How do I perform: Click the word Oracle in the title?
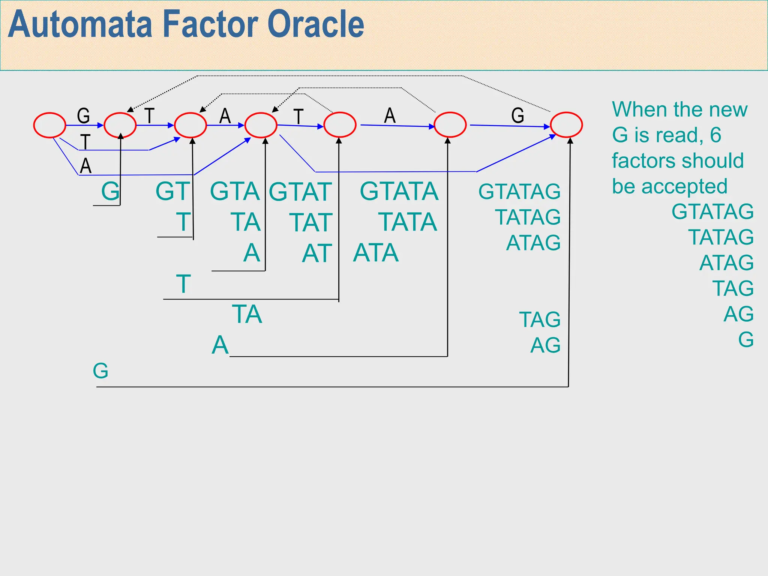(316, 25)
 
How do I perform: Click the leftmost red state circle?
(49, 125)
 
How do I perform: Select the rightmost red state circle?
(566, 125)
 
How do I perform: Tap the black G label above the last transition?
(517, 115)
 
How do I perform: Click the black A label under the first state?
(86, 166)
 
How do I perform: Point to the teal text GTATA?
(399, 191)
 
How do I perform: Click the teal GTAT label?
(300, 192)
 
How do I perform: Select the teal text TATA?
(408, 222)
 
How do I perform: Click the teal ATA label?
(376, 253)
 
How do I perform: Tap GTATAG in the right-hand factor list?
(712, 211)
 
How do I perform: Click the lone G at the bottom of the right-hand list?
(746, 340)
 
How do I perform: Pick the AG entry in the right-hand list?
(738, 314)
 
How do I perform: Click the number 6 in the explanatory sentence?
(715, 135)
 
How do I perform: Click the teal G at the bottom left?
(100, 371)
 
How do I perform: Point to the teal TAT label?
(311, 223)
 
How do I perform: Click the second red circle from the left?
(120, 125)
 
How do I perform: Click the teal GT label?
(172, 191)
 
